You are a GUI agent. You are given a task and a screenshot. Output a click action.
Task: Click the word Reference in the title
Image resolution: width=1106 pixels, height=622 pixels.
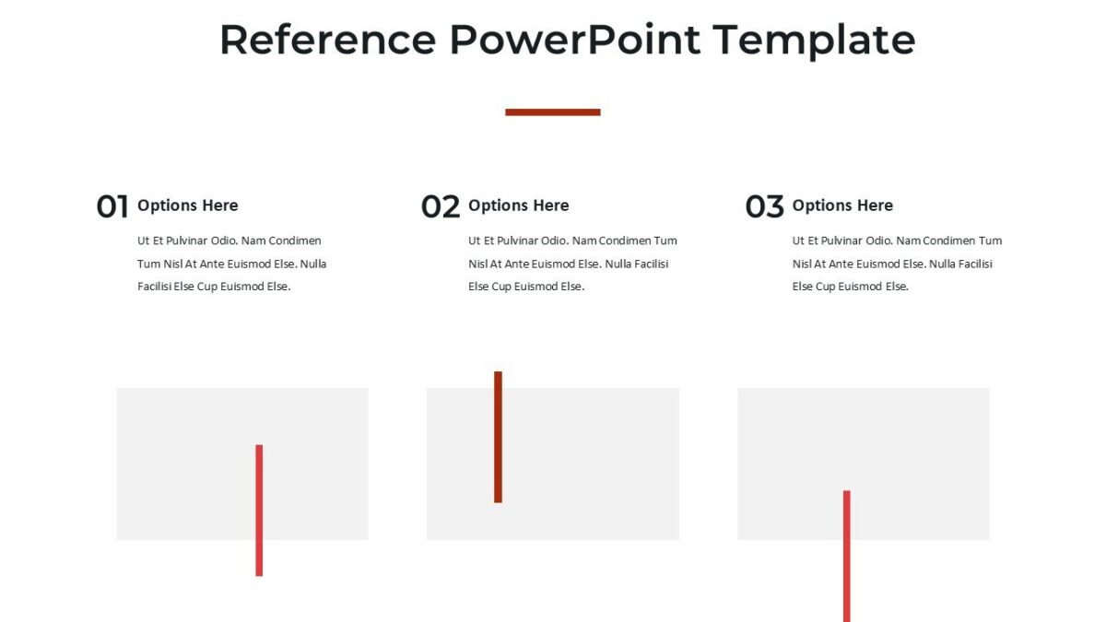(327, 41)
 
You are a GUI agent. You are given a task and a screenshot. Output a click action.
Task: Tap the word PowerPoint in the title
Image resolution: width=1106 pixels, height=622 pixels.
(575, 41)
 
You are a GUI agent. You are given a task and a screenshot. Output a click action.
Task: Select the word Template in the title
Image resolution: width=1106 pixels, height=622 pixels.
(814, 41)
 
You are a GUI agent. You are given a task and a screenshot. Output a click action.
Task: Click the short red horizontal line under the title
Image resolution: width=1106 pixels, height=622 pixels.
(552, 112)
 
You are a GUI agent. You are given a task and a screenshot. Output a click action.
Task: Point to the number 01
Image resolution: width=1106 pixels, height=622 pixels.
(112, 206)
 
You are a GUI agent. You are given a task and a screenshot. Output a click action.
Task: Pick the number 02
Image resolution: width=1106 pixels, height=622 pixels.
(440, 206)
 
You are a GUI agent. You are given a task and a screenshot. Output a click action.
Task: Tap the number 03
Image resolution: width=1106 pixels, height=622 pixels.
(764, 206)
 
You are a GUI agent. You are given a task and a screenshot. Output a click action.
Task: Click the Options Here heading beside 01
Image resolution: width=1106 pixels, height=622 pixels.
(187, 205)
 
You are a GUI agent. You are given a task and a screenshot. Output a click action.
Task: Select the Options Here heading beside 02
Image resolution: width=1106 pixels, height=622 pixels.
(518, 205)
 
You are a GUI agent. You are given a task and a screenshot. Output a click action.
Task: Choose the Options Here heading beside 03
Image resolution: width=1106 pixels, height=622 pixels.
(842, 205)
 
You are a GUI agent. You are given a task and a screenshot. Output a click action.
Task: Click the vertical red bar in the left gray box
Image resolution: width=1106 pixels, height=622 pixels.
(259, 511)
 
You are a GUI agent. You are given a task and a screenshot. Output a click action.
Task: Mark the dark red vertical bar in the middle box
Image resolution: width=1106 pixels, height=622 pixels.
(498, 437)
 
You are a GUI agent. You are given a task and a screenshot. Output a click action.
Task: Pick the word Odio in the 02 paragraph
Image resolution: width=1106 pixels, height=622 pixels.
(553, 241)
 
